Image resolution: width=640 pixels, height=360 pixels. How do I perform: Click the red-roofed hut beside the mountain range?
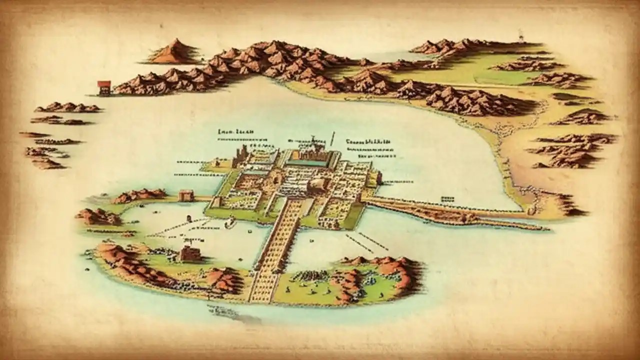[104, 87]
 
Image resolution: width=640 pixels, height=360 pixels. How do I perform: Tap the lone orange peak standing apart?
[174, 52]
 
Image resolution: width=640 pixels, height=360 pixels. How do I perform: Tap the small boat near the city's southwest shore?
[230, 223]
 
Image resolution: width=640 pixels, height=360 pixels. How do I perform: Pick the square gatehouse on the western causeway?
[185, 195]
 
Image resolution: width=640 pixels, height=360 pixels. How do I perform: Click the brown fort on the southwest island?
[190, 253]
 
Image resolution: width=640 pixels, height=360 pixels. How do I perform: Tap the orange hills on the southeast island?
[380, 270]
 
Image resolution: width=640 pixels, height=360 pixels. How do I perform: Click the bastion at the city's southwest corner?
[216, 202]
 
